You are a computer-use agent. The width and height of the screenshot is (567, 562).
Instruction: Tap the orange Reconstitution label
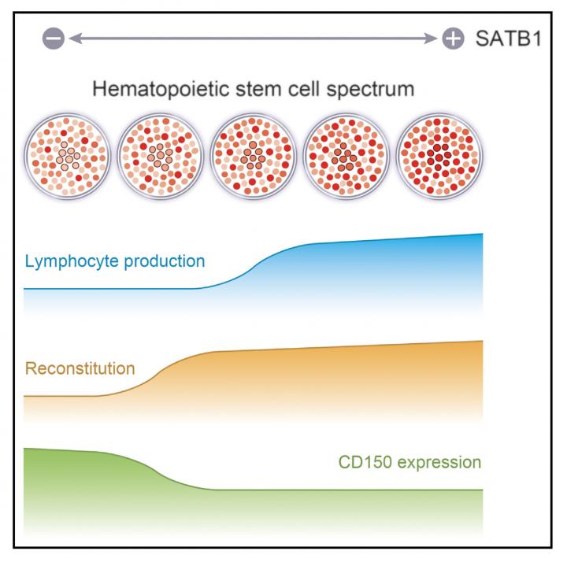click(x=80, y=368)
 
